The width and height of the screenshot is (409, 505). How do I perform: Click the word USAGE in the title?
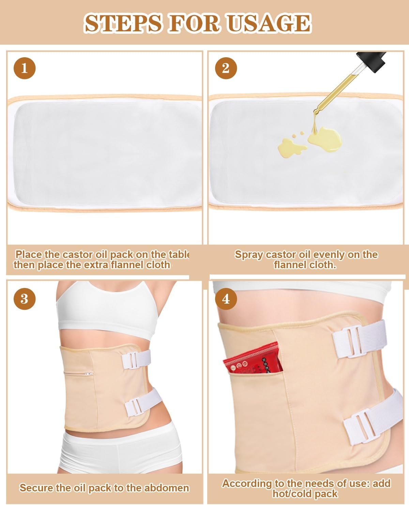pos(269,23)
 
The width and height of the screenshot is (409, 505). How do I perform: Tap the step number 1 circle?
pos(24,68)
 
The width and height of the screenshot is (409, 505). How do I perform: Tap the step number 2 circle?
pos(226,68)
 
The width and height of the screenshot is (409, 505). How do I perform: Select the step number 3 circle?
pos(24,299)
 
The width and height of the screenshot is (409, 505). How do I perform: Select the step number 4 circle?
pos(226,299)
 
